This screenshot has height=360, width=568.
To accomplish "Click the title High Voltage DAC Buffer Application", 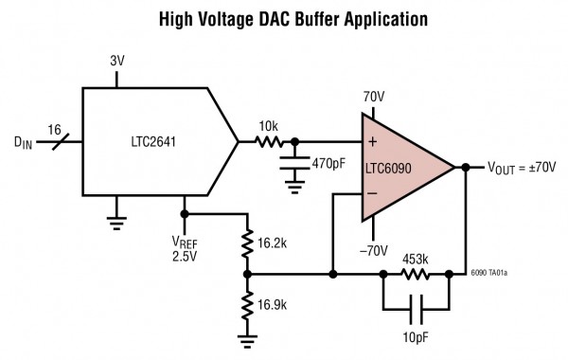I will coord(284,18).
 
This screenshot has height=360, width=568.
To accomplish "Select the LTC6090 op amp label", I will coord(395,168).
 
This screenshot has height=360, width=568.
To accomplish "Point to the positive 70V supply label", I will coord(373,96).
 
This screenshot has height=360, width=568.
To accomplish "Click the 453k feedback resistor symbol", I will coord(414,276).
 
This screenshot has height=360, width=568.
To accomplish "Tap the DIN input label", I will coord(24,145).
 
